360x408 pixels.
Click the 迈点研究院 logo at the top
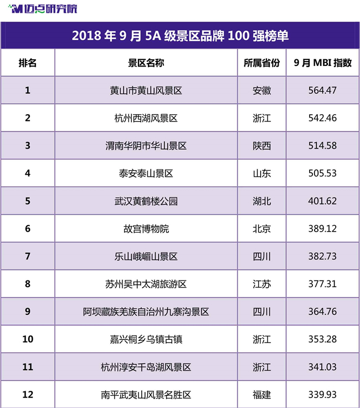pyautogui.click(x=43, y=9)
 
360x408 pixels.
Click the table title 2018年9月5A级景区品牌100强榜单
pyautogui.click(x=180, y=35)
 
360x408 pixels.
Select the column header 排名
pyautogui.click(x=28, y=63)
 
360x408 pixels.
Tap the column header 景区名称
pyautogui.click(x=146, y=63)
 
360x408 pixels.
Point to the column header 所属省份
pyautogui.click(x=262, y=63)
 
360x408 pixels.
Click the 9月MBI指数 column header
pyautogui.click(x=322, y=63)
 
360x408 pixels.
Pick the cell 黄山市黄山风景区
pyautogui.click(x=146, y=90)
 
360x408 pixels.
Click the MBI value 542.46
pyautogui.click(x=322, y=118)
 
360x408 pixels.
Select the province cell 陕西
pyautogui.click(x=262, y=146)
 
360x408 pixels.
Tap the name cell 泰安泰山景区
pyautogui.click(x=146, y=174)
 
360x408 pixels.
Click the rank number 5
pyautogui.click(x=28, y=201)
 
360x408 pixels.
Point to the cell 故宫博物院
pyautogui.click(x=146, y=229)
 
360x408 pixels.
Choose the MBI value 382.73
pyautogui.click(x=322, y=256)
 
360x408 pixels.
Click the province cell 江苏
pyautogui.click(x=262, y=284)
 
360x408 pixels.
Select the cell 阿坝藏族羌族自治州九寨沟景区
pyautogui.click(x=146, y=312)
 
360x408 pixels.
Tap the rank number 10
pyautogui.click(x=28, y=339)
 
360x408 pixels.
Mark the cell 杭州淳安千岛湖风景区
pyautogui.click(x=146, y=367)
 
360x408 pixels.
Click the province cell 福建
pyautogui.click(x=262, y=395)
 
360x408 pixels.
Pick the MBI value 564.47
pyautogui.click(x=322, y=90)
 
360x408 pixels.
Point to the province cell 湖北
pyautogui.click(x=262, y=201)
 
